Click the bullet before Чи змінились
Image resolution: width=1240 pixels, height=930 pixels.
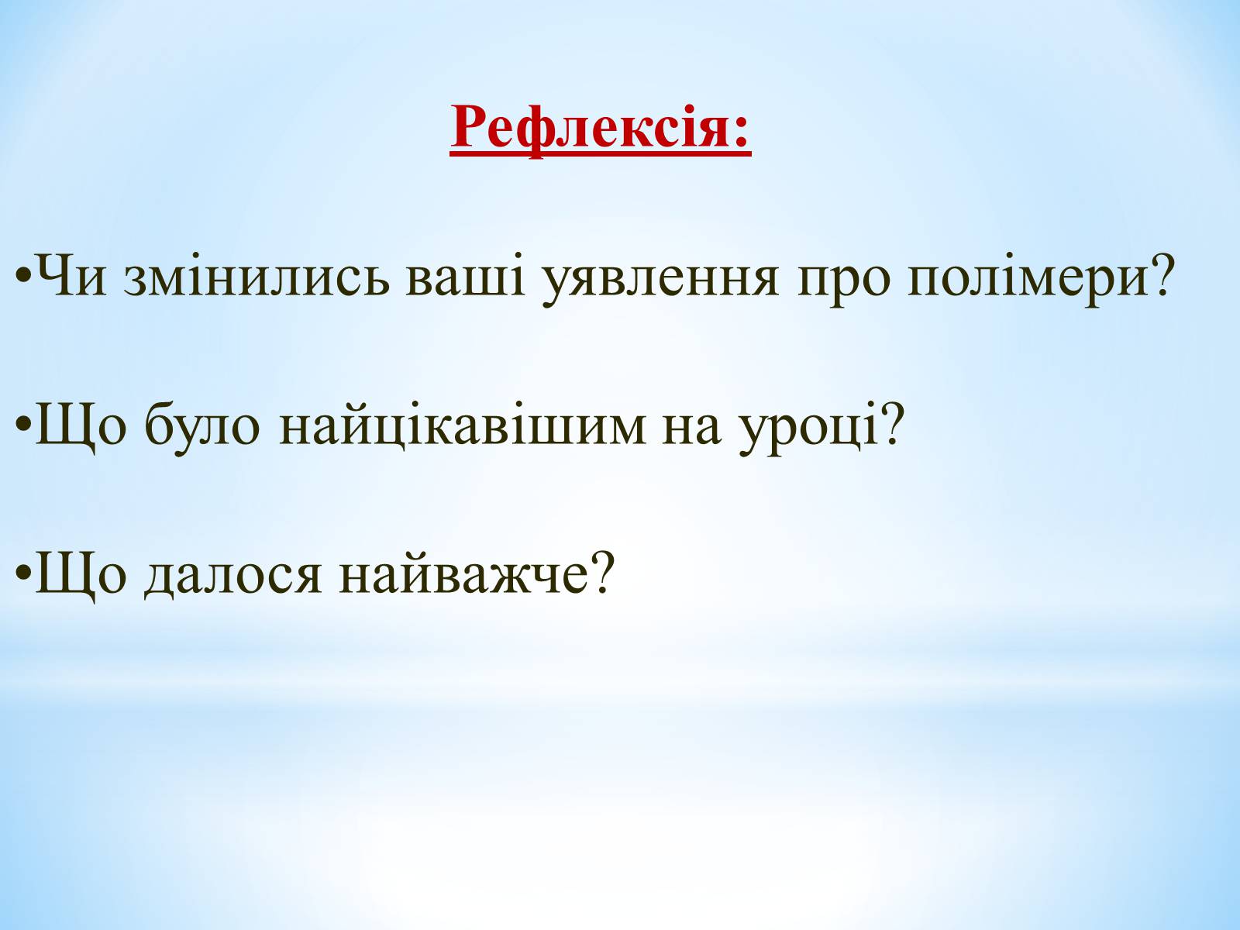click(23, 277)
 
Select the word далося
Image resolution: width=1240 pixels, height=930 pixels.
click(232, 577)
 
